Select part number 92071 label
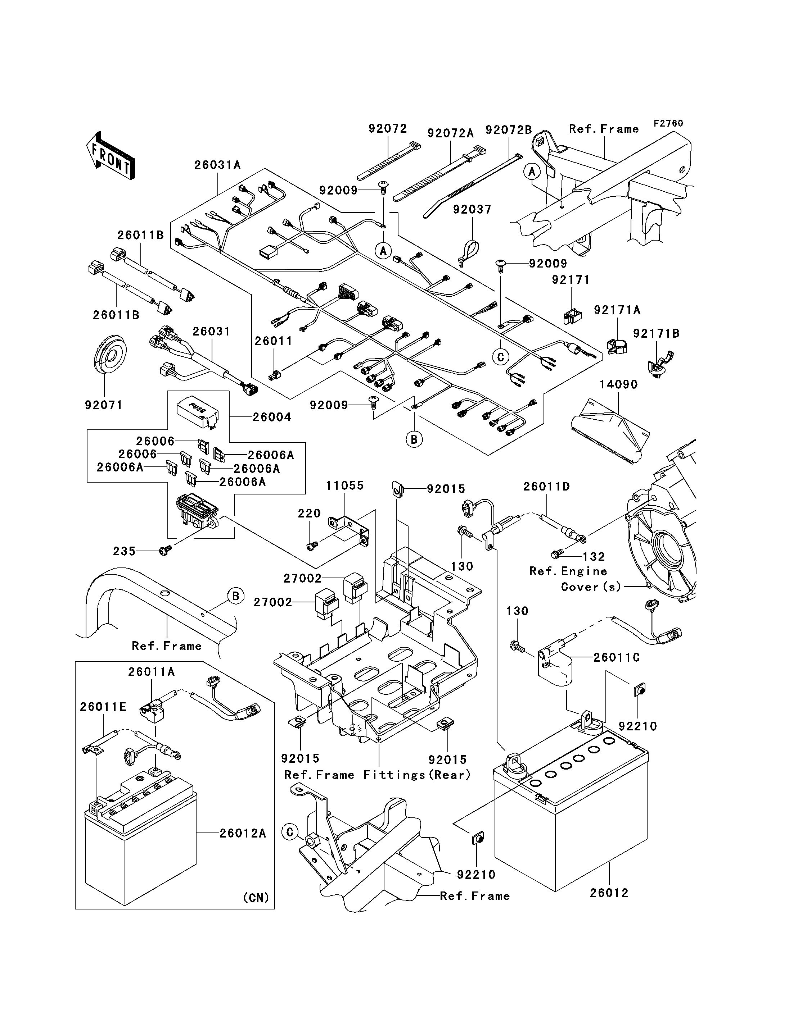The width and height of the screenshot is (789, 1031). click(x=103, y=405)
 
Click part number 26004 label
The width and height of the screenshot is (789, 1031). click(x=271, y=417)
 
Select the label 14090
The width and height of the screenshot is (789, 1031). click(x=618, y=384)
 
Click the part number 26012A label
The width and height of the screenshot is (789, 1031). click(x=243, y=834)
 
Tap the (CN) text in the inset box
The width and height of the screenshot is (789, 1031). click(x=256, y=898)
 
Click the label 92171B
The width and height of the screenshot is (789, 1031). click(x=657, y=333)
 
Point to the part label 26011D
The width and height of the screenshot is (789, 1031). click(x=547, y=487)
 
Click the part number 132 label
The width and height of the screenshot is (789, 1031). click(x=594, y=557)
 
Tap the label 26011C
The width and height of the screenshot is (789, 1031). click(x=617, y=657)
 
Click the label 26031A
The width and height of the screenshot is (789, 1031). click(x=217, y=165)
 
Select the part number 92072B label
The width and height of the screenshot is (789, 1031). click(x=509, y=129)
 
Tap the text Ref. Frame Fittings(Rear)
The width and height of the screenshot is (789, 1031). click(x=378, y=775)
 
